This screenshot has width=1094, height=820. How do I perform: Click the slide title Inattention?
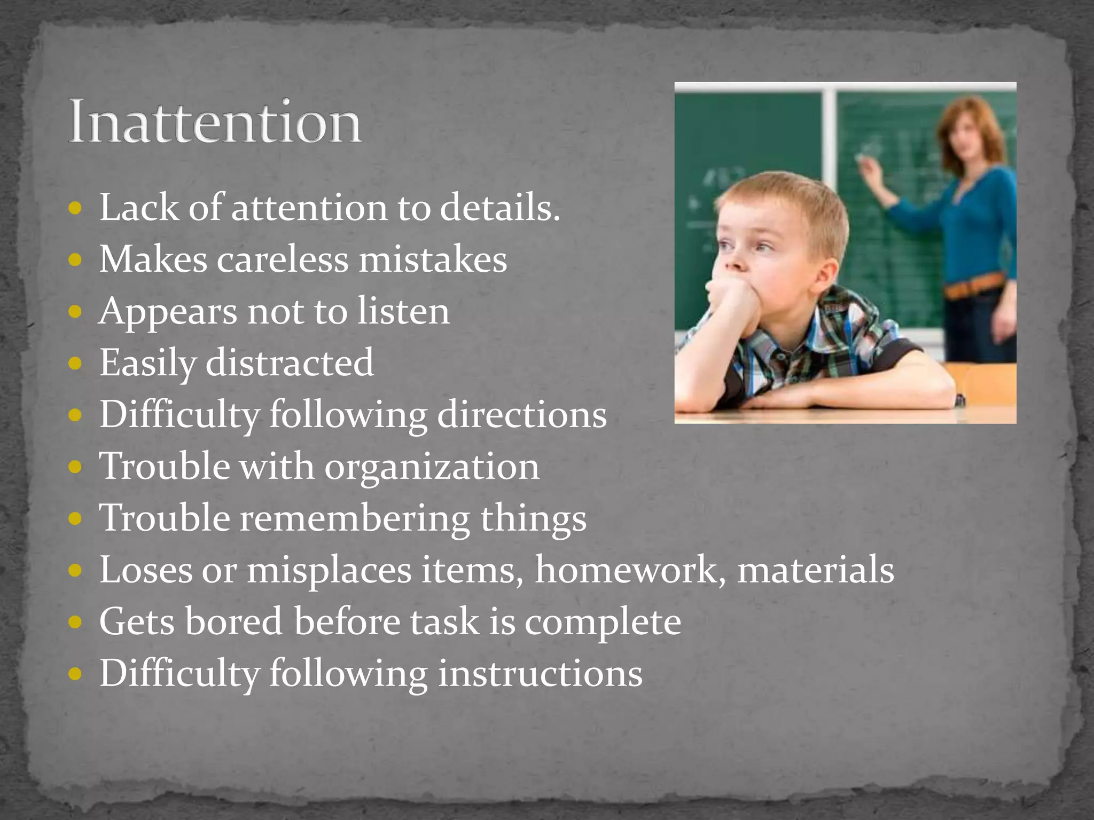[x=215, y=122]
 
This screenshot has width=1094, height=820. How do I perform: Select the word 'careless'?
[x=282, y=260]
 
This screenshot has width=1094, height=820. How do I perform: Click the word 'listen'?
[x=403, y=311]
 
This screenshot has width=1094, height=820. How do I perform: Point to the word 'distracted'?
[x=290, y=363]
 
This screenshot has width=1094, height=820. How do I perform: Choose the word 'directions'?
[x=522, y=415]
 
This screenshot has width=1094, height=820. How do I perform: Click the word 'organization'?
[x=432, y=467]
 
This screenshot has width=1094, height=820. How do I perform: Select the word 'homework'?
[x=630, y=570]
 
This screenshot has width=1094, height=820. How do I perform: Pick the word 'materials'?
[x=816, y=570]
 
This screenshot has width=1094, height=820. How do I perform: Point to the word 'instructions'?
[x=540, y=673]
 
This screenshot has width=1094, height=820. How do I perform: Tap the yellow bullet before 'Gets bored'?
[x=75, y=622]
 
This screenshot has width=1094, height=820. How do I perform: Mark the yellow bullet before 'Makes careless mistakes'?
[x=75, y=261]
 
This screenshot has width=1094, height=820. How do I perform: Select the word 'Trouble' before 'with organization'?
[x=165, y=467]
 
